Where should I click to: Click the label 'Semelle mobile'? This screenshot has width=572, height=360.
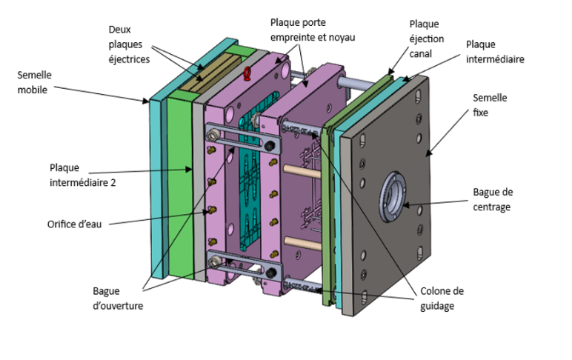tap(34, 82)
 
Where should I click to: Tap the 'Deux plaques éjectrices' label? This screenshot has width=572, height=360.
tap(129, 44)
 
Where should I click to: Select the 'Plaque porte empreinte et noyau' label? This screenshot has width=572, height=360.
tap(313, 30)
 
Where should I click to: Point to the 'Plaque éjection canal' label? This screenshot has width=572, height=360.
tap(427, 39)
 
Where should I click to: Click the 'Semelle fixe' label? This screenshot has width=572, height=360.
tap(490, 105)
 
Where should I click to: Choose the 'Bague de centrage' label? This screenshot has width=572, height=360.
tap(493, 199)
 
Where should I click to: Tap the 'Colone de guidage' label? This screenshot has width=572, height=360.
tap(442, 299)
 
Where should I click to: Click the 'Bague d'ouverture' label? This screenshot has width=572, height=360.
tap(118, 299)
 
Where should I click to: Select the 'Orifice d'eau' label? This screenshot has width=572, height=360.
tap(74, 224)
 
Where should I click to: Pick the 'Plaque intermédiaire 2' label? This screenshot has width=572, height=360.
tap(83, 175)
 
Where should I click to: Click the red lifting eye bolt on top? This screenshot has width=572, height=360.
tap(247, 73)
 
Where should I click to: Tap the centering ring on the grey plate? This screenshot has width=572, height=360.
tap(393, 197)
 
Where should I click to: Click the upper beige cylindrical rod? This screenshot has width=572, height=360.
tap(302, 171)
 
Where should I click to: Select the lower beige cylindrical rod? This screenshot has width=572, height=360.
tap(302, 243)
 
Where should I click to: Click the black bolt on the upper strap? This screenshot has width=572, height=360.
tap(270, 146)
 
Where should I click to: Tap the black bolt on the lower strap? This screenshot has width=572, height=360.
tap(270, 273)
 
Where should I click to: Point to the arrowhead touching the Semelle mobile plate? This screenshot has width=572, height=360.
tap(146, 101)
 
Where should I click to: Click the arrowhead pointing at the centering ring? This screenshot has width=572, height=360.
tap(406, 205)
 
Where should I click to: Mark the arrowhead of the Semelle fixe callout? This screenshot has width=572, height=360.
tap(428, 153)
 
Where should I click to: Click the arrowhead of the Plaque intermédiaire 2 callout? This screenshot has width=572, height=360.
tap(188, 169)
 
